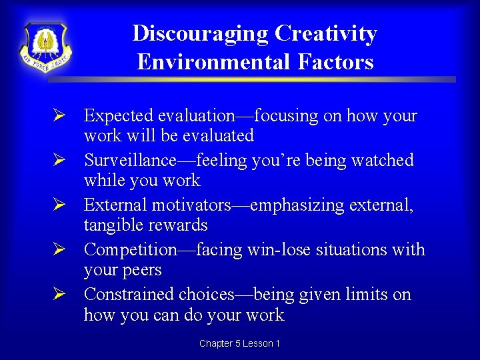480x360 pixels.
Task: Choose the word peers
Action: [141, 270]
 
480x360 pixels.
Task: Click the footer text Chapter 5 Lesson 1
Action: [239, 343]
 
